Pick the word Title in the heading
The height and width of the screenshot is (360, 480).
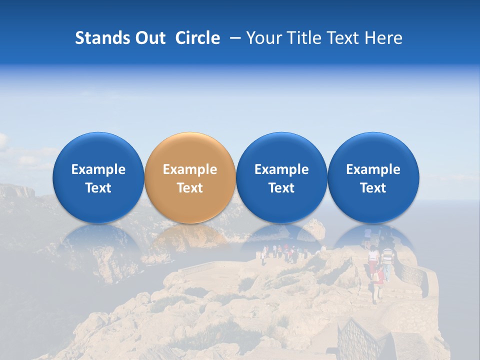(x=303, y=38)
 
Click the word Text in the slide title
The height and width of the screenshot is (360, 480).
(x=343, y=38)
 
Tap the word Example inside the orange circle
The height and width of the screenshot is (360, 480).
(x=190, y=169)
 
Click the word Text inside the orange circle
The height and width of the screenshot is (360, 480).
(x=190, y=188)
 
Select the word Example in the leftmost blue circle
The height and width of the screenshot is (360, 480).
(x=98, y=169)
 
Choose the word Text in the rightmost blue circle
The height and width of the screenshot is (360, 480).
(x=373, y=188)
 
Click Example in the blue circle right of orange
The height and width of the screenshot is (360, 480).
(x=281, y=169)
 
